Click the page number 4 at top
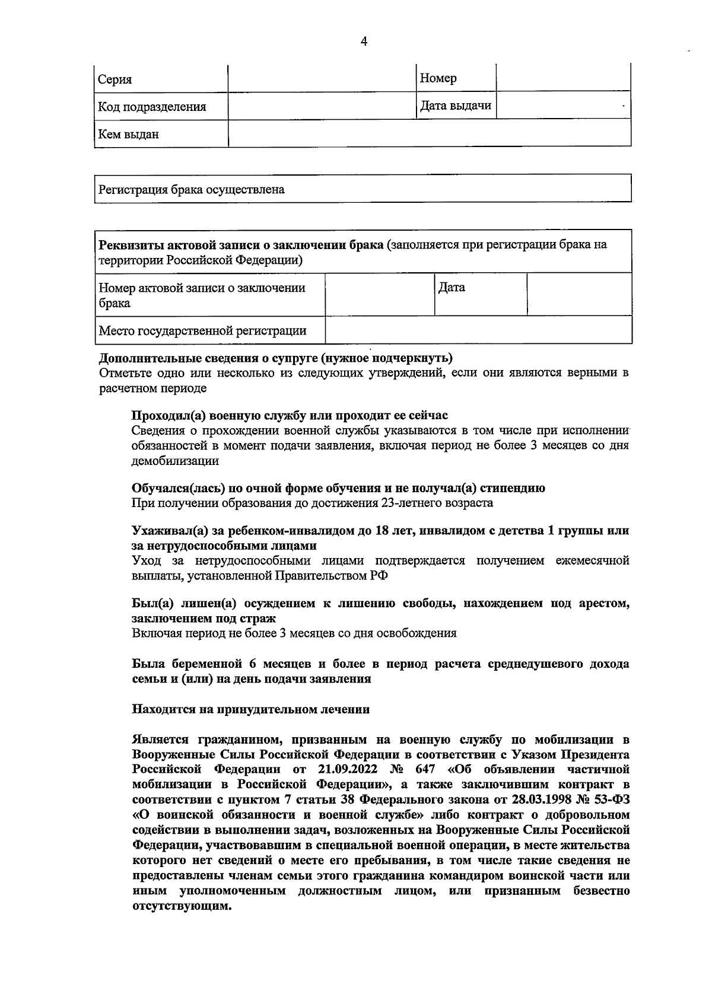(364, 41)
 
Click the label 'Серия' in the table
(115, 79)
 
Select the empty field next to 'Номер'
(562, 78)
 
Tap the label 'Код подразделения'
(152, 107)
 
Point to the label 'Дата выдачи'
(456, 106)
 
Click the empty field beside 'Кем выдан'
(429, 133)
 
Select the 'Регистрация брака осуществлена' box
(363, 189)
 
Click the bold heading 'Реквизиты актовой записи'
(240, 245)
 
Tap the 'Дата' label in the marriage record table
(452, 288)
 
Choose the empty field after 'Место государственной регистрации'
(478, 330)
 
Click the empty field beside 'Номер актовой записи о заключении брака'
(379, 294)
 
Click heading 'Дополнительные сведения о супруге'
(275, 358)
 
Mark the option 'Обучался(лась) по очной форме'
(338, 488)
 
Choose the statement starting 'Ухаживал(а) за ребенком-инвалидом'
(380, 531)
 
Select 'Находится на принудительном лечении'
(250, 709)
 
